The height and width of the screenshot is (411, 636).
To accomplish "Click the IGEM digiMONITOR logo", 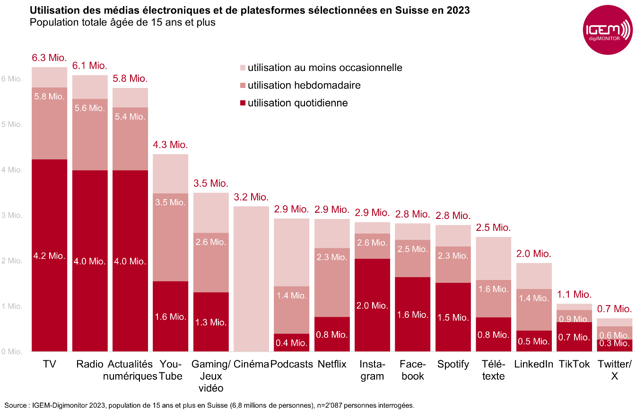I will coord(607,31).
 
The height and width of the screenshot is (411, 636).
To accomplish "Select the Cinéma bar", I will coord(251,279).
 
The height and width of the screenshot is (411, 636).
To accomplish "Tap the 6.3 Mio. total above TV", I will coord(49,59).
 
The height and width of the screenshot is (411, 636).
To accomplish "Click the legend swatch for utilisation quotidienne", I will coord(243,103).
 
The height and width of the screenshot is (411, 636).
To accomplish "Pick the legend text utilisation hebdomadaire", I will coord(304,85).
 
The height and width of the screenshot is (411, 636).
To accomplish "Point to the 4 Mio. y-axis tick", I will coord(11,170).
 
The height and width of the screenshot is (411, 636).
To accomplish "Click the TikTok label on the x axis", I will coord(574,364).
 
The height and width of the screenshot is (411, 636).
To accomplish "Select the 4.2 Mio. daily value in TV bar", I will coord(49,256).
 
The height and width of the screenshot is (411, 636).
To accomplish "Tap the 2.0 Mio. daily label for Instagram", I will coord(372,306).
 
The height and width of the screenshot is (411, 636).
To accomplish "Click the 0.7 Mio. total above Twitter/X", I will coord(614,309).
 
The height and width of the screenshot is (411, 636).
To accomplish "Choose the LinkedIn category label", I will coord(533,364).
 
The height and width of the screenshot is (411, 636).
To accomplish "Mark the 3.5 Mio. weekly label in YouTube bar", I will coord(170,202).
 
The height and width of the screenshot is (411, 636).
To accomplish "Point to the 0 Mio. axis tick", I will coord(11,351).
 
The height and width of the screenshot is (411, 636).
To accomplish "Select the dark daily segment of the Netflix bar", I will coord(332,334).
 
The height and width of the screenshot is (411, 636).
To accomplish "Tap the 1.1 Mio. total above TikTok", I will coord(574,295).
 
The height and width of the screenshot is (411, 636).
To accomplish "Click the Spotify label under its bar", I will coord(453,364).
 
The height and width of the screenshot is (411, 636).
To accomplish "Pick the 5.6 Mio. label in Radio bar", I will coord(90,108).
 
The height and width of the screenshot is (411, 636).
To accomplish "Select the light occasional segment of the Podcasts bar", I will coord(291,252).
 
